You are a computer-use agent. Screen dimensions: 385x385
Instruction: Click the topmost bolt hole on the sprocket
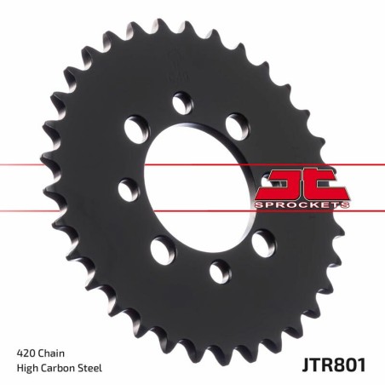pos(182,103)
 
